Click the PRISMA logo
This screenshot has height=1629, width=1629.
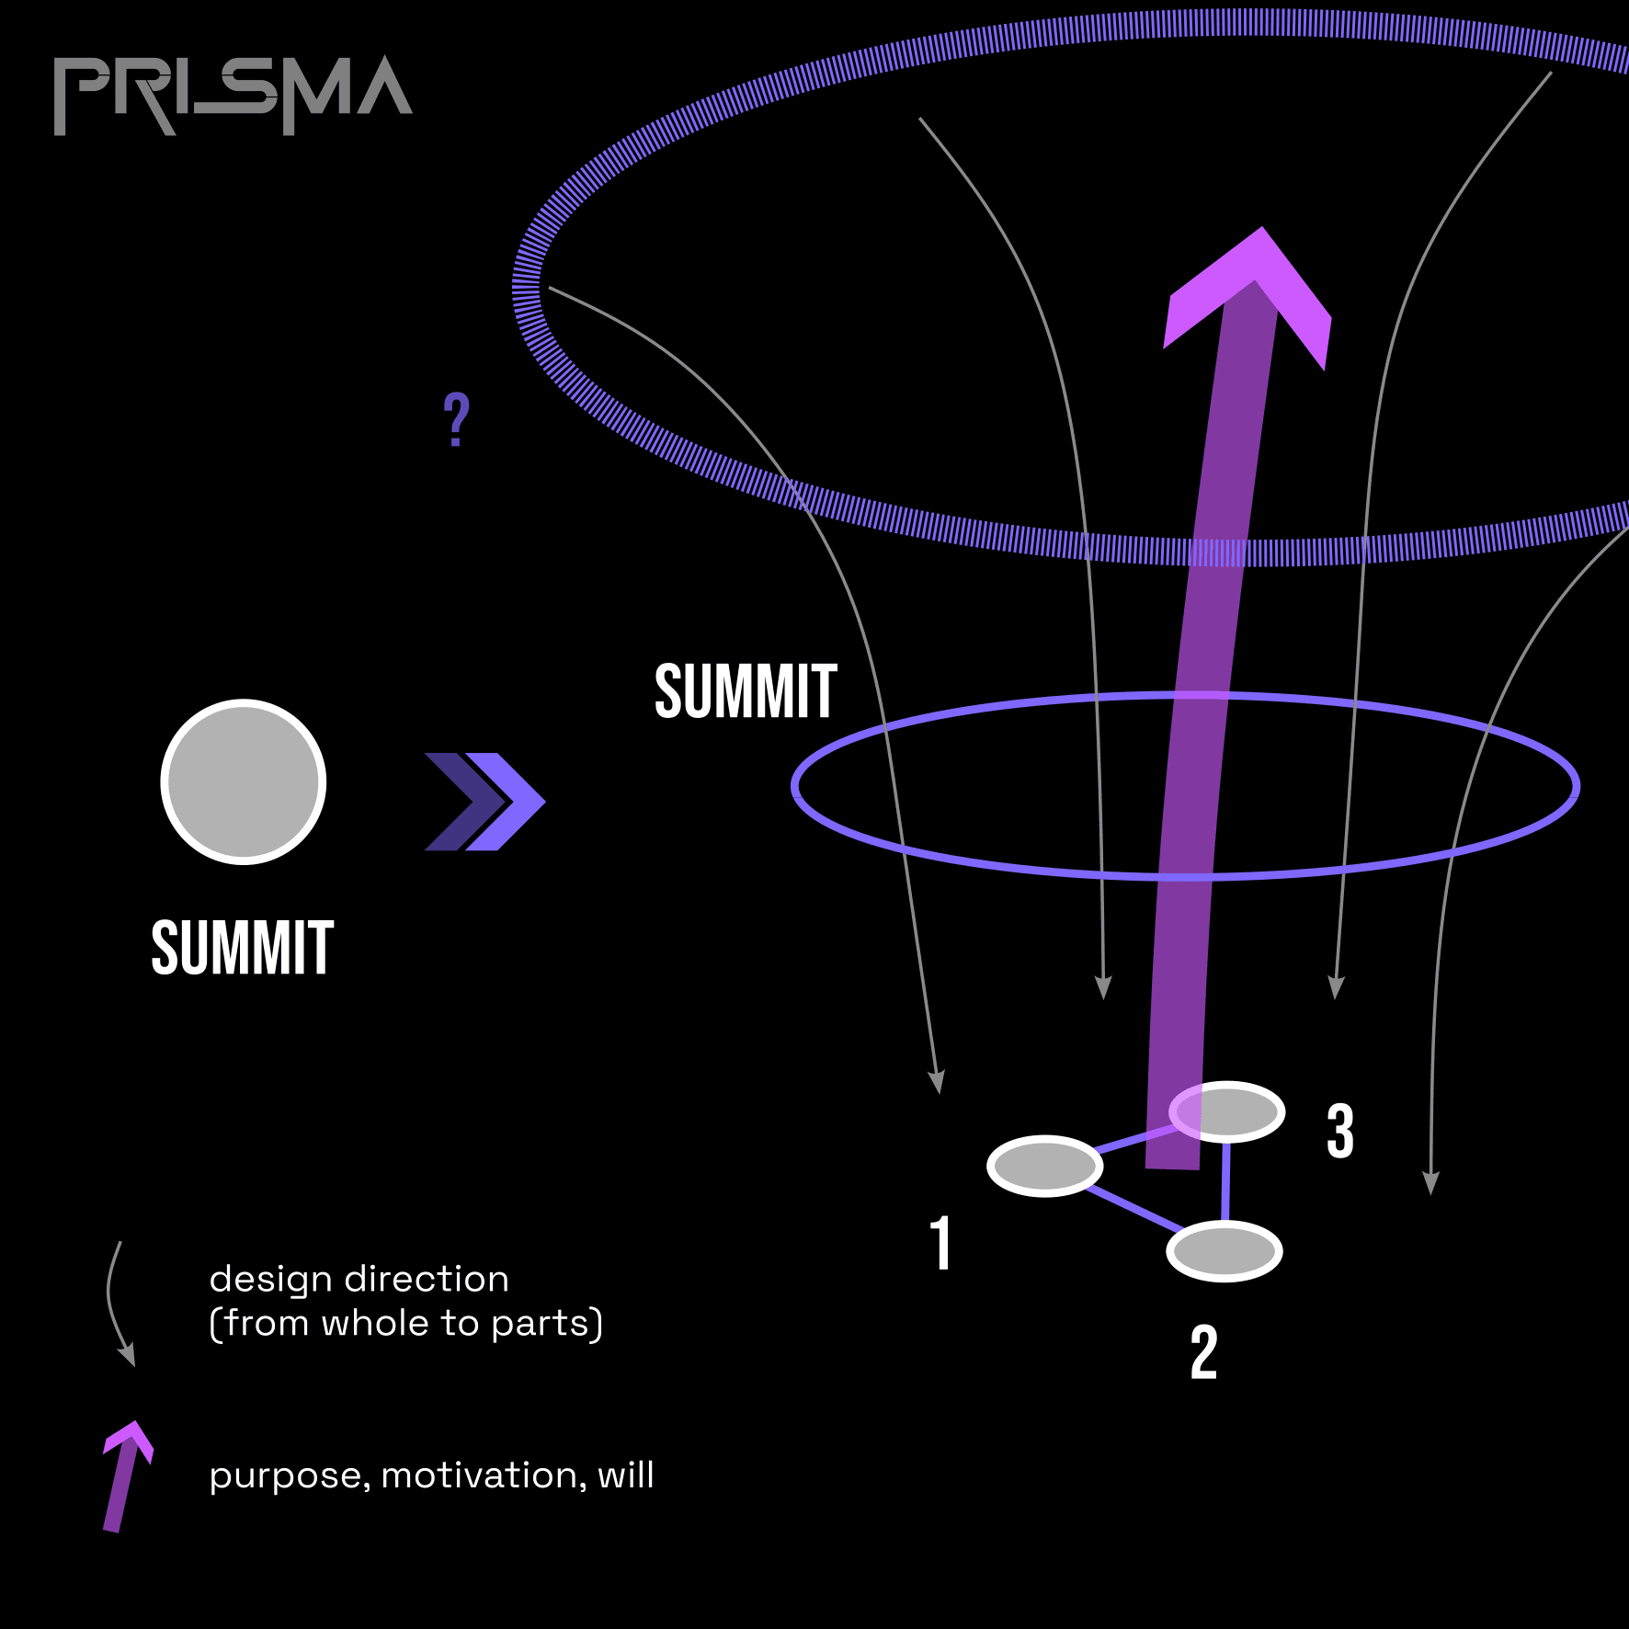233,94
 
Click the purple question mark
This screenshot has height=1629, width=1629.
456,419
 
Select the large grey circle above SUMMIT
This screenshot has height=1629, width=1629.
244,782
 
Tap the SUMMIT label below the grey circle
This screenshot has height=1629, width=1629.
243,948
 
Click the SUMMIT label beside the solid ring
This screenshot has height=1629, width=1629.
746,691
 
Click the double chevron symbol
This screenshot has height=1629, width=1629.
484,802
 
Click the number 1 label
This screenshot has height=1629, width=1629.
940,1243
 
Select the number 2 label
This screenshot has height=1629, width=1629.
1203,1352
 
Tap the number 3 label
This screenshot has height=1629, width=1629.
1340,1131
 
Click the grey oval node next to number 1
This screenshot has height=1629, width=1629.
1045,1167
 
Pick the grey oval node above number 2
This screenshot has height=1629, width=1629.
1225,1251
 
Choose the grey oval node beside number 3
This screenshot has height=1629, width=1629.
1228,1112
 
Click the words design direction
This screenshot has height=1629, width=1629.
359,1280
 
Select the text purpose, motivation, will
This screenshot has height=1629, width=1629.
431,1475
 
